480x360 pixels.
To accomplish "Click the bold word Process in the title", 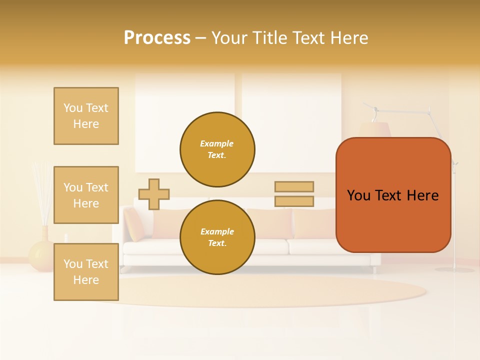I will tap(157, 38).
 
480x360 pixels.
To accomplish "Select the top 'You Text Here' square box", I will tap(86, 116).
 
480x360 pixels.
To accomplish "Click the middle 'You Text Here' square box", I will tap(86, 195).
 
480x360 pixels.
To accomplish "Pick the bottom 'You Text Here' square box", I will tap(86, 271).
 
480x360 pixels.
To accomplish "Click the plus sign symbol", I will tap(154, 194).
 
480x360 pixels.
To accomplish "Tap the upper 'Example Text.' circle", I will tap(217, 149).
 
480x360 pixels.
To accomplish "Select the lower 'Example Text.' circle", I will tap(217, 237).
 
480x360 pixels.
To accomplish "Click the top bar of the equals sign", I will tap(294, 186).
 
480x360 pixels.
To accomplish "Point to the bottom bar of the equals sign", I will tap(294, 201).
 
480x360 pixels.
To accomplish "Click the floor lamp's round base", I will tap(454, 269).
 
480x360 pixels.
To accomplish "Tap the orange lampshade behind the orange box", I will tap(375, 129).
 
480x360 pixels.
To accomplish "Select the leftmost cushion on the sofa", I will tap(133, 223).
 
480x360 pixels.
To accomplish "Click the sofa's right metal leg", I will tap(374, 270).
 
